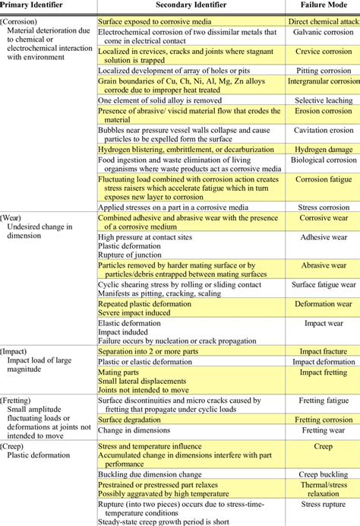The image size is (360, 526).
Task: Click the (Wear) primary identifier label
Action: (x=16, y=217)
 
